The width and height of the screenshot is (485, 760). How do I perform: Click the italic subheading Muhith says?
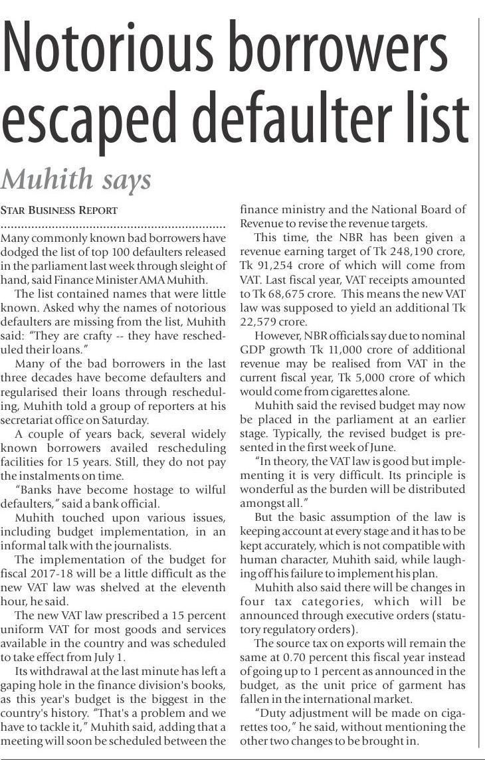point(76,179)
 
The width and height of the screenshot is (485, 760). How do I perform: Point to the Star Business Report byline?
point(59,210)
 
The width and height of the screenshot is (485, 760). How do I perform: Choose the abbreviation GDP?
point(253,350)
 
